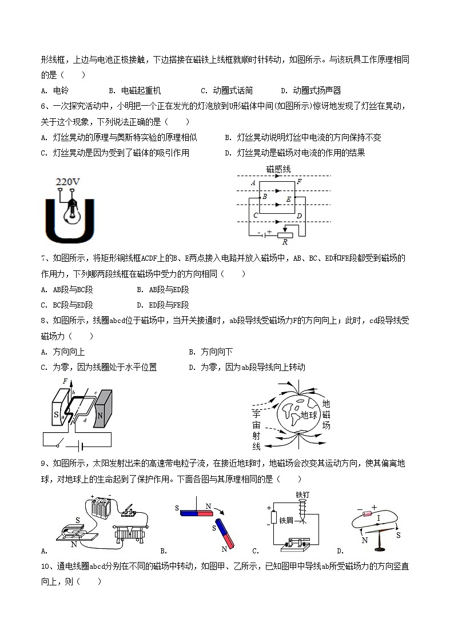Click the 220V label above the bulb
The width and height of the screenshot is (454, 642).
tap(67, 182)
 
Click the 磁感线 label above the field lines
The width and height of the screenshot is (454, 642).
tap(278, 169)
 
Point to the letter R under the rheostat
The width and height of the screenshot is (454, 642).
tap(284, 242)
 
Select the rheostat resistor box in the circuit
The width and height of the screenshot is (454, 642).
tap(284, 233)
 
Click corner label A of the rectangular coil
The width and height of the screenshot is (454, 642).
tap(253, 183)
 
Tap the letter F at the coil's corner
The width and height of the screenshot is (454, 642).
tap(299, 182)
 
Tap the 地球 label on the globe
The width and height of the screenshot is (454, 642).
tap(309, 414)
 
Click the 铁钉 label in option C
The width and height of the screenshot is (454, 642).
tap(302, 495)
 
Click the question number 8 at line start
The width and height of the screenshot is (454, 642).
tap(44, 320)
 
